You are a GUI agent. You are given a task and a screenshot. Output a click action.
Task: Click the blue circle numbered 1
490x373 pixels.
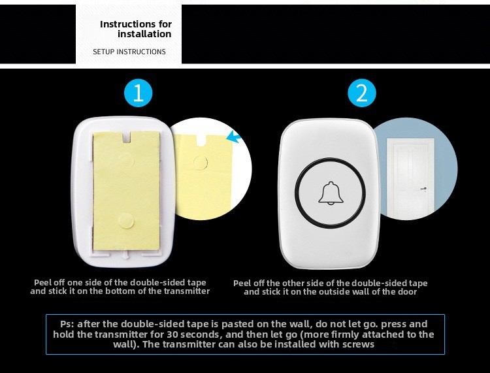tap(138, 93)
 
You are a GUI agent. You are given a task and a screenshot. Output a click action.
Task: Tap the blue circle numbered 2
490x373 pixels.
tap(362, 93)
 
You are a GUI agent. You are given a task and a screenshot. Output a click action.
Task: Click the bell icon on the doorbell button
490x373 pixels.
tap(331, 193)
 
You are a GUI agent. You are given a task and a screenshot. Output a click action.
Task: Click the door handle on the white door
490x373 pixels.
tap(423, 189)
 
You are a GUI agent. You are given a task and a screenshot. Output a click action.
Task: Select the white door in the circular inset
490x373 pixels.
tap(410, 178)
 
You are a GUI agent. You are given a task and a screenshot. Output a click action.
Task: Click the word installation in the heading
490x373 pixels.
tap(144, 34)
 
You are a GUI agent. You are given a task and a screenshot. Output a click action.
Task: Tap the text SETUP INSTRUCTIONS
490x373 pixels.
tap(129, 52)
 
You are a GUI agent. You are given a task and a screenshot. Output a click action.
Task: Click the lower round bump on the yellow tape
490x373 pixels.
tap(126, 221)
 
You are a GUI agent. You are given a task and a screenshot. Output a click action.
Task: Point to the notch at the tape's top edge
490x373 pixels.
tap(127, 137)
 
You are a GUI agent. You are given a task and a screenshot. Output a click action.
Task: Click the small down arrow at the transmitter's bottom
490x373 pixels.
tap(125, 255)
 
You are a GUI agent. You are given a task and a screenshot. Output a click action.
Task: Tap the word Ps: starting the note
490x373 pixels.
tap(67, 324)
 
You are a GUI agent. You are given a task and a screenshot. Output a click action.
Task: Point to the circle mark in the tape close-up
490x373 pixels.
tap(201, 163)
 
